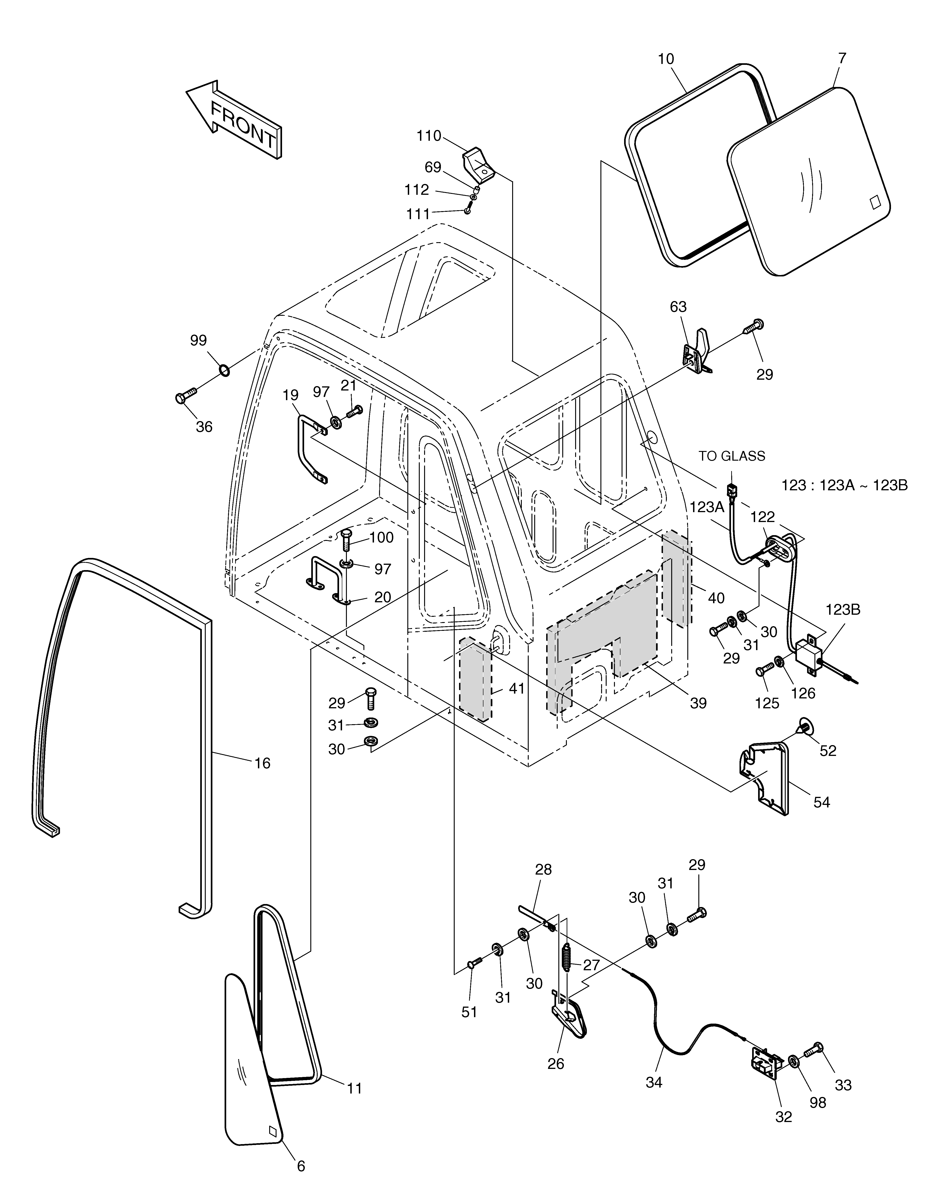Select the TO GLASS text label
[x=731, y=456]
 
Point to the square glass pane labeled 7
[x=808, y=181]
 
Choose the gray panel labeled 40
[x=677, y=578]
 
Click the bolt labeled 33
[x=814, y=1050]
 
